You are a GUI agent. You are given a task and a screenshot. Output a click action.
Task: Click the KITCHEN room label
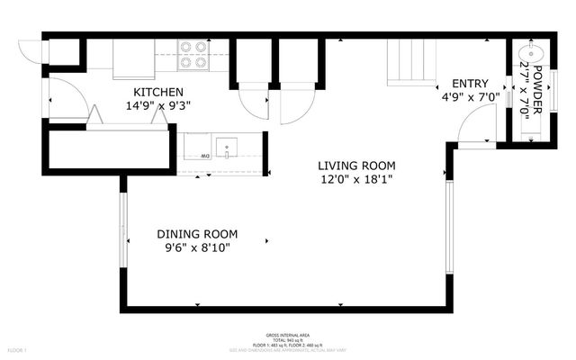[158, 92]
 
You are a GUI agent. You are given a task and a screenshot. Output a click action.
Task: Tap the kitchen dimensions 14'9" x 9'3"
[158, 105]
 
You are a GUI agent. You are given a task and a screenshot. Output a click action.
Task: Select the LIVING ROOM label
[355, 166]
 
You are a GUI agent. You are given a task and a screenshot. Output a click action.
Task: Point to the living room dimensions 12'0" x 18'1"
[355, 179]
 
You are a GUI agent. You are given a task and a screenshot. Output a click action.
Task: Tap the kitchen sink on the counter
[229, 147]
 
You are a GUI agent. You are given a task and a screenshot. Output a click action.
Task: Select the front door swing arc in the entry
[477, 122]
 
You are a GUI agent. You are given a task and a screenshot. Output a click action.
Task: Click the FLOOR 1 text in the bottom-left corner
[18, 349]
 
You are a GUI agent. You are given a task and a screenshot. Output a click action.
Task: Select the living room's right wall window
[450, 224]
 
